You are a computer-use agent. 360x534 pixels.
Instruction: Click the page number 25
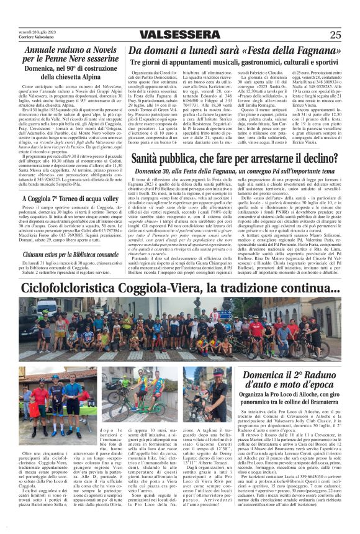point(335,35)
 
